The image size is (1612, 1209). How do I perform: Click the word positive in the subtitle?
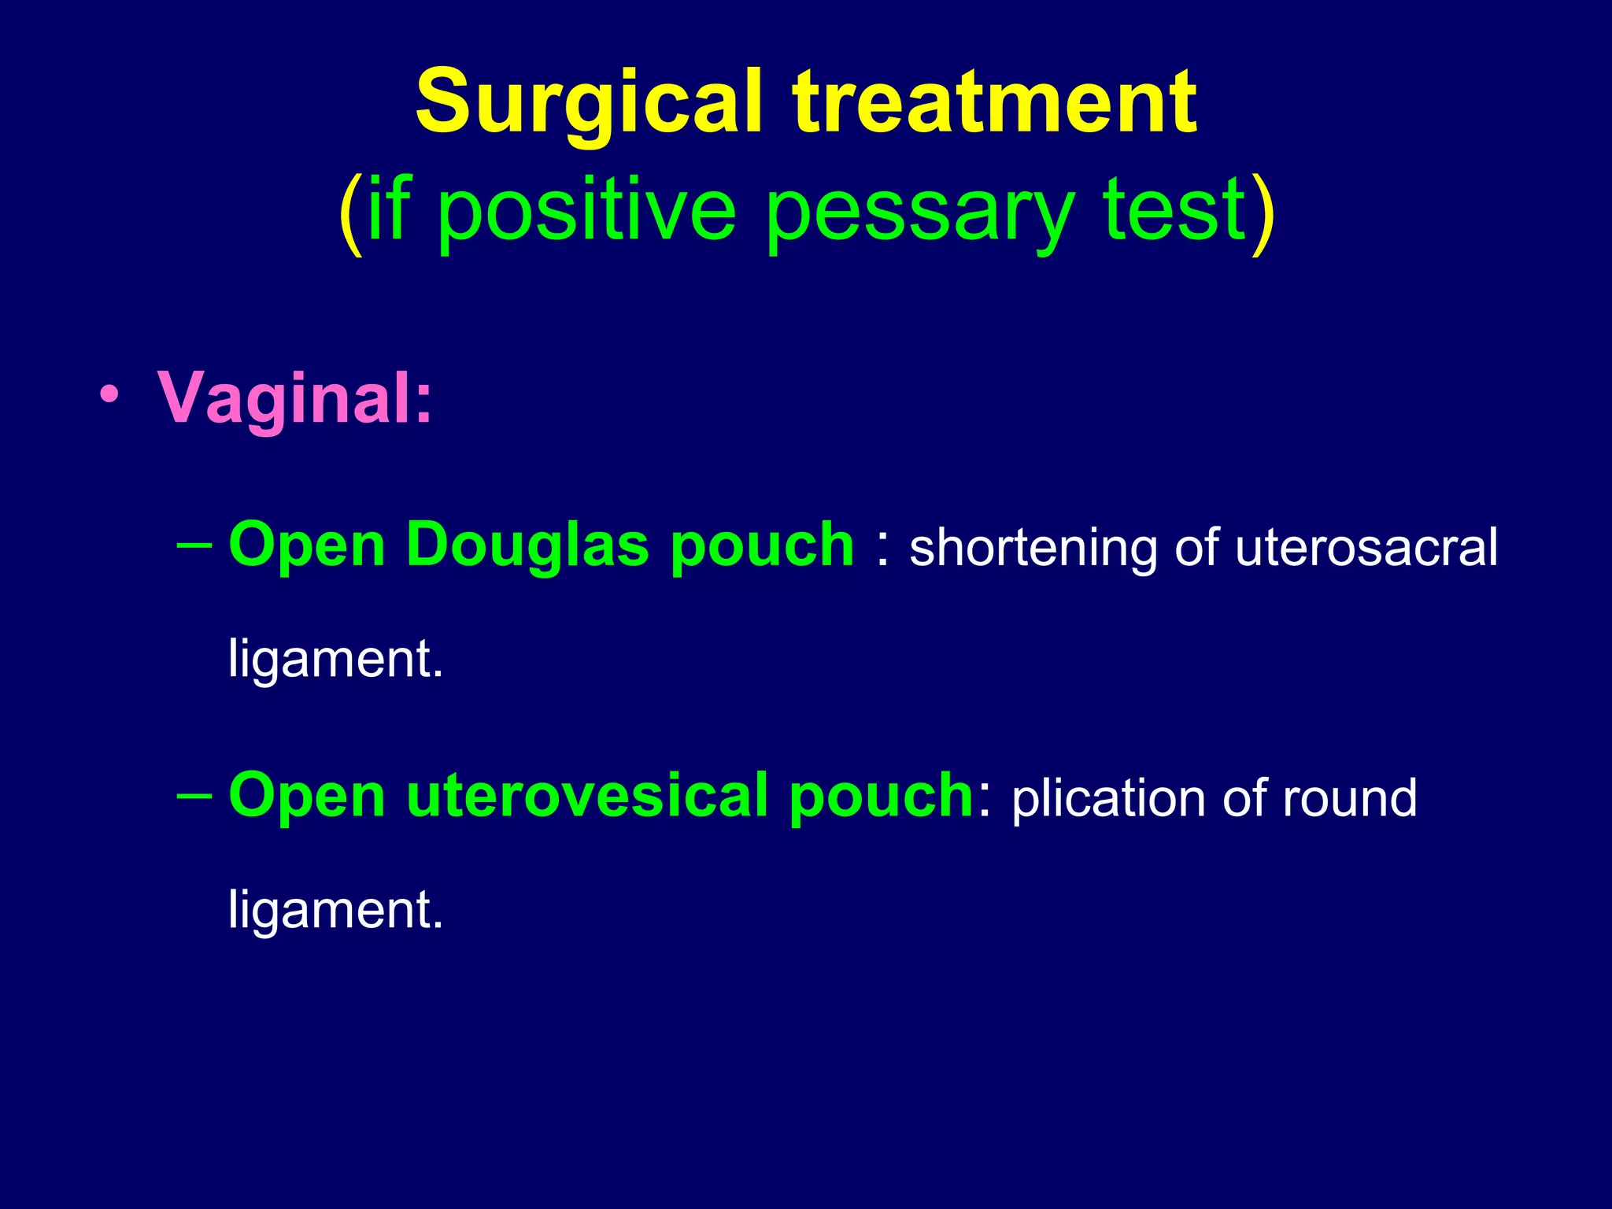[586, 211]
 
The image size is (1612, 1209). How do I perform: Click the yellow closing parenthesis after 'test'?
[1263, 213]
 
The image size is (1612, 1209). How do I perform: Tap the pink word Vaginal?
[294, 398]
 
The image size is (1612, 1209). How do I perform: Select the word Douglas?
[527, 545]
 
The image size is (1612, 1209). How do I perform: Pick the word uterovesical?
[587, 796]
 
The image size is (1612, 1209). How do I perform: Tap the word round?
[1349, 799]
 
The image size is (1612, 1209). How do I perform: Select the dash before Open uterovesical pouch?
[194, 796]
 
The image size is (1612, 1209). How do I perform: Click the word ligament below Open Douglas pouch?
[335, 659]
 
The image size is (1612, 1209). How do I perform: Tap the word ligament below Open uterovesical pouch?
[335, 910]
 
